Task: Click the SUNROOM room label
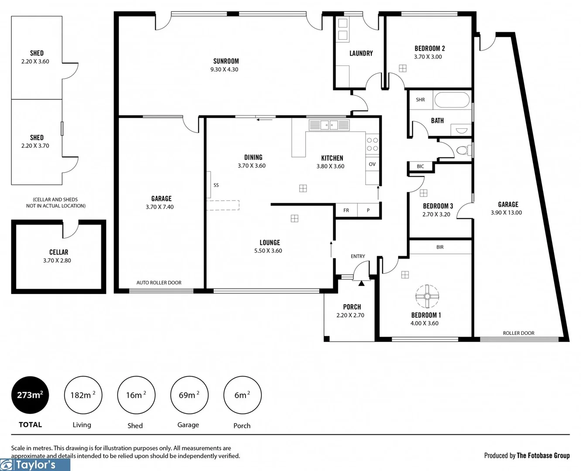(x=226, y=61)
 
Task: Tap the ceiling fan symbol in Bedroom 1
(x=427, y=297)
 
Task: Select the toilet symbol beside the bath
(x=463, y=150)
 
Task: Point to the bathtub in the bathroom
(x=452, y=100)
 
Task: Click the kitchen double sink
(x=329, y=125)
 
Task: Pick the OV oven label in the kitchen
(x=372, y=164)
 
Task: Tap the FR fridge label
(x=346, y=210)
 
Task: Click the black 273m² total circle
(x=30, y=395)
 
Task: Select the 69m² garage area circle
(x=189, y=395)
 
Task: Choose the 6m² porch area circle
(x=243, y=395)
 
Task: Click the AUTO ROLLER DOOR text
(x=159, y=283)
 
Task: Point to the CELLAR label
(x=58, y=252)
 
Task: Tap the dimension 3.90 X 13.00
(x=506, y=213)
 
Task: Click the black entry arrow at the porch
(x=362, y=283)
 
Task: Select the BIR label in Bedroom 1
(x=440, y=247)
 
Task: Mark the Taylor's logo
(x=35, y=465)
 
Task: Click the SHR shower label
(x=420, y=100)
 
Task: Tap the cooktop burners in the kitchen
(x=373, y=144)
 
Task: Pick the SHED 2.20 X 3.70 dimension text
(x=35, y=146)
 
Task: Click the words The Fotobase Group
(x=543, y=455)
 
